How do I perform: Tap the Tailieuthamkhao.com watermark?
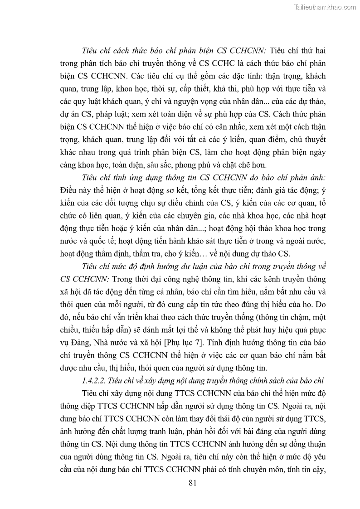tap(325, 7)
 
